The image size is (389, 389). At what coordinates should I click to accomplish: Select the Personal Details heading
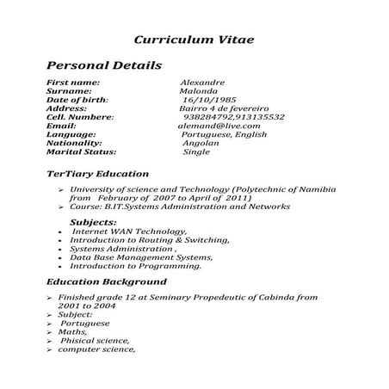click(103, 65)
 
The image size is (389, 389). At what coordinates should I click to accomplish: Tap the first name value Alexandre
click(201, 82)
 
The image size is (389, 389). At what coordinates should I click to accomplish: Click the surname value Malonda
click(198, 90)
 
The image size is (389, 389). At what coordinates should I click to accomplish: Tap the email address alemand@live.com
click(213, 126)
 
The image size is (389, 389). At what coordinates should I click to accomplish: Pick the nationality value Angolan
click(200, 143)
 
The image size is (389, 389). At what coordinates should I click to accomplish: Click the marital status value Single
click(197, 151)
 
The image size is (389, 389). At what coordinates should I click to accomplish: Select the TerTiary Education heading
click(97, 173)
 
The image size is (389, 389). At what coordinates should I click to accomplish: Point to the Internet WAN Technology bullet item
click(129, 232)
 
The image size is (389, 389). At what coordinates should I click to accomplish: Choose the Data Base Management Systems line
click(140, 257)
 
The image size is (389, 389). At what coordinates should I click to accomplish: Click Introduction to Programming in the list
click(136, 266)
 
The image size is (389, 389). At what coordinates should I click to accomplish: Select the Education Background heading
click(106, 282)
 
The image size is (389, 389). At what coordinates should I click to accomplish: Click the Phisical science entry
click(95, 340)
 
